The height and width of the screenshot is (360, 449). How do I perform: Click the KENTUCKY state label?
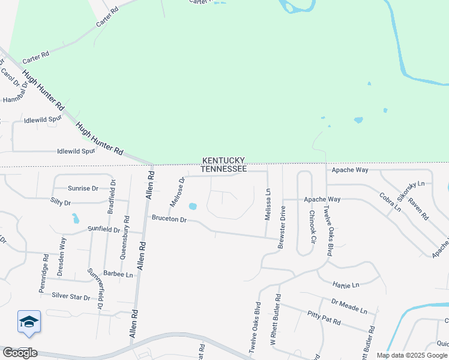(223, 160)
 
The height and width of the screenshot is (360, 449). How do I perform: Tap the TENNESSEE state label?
(223, 169)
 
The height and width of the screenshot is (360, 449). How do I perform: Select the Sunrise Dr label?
(83, 188)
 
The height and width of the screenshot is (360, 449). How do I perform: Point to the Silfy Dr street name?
(65, 203)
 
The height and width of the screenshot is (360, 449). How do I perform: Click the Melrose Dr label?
(176, 192)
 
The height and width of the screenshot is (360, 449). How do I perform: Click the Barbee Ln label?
(118, 274)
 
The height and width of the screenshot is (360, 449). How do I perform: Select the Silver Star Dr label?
(71, 296)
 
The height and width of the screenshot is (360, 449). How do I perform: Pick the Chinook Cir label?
(312, 226)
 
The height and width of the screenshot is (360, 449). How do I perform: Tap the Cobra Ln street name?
(390, 202)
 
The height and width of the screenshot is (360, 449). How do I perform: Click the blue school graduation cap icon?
(29, 323)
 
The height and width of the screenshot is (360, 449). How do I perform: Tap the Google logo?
(20, 353)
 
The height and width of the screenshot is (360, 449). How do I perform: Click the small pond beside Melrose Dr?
(193, 206)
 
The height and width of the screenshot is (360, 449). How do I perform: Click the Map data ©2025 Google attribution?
(412, 355)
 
